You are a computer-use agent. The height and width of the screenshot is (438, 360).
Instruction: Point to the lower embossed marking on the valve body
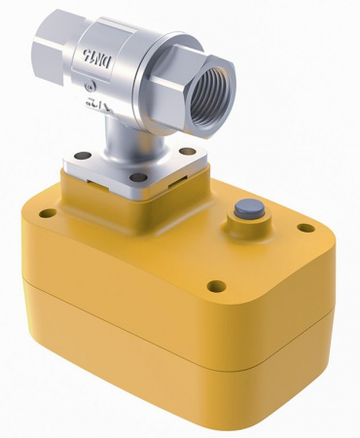coord(97,100)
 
